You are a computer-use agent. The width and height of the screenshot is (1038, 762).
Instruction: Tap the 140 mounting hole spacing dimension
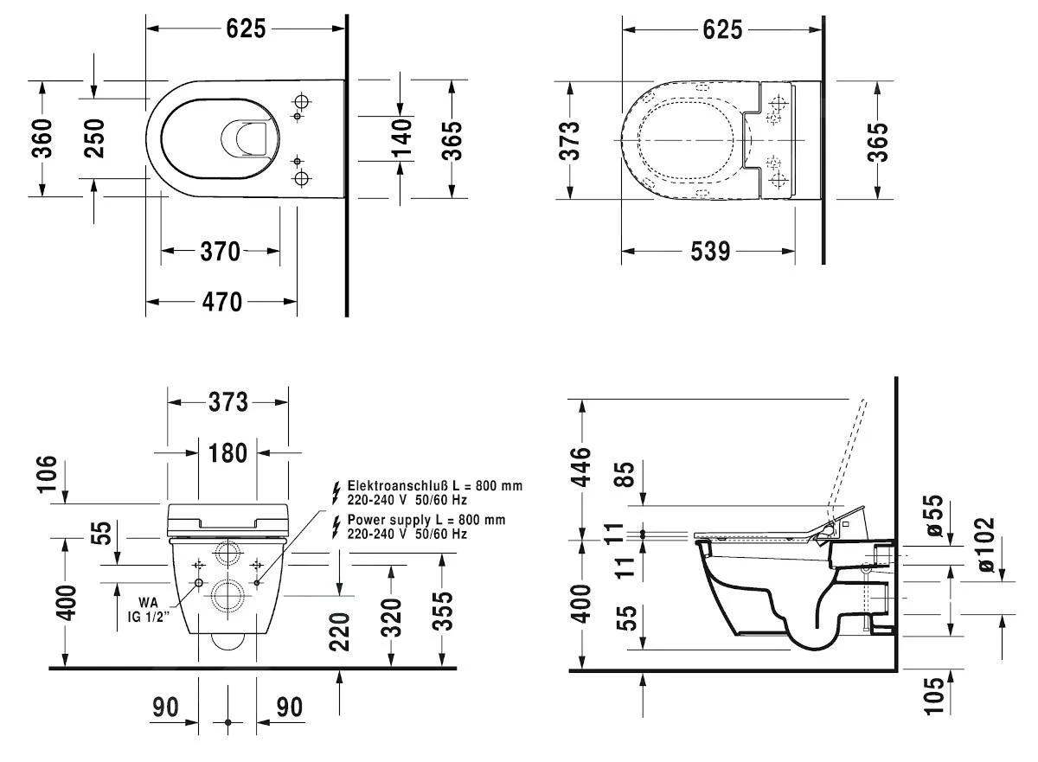click(x=400, y=138)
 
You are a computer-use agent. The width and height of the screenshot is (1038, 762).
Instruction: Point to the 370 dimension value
click(x=220, y=252)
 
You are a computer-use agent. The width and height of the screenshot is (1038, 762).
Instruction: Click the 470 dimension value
click(x=221, y=302)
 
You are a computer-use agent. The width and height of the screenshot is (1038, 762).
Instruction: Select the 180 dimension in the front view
click(x=227, y=451)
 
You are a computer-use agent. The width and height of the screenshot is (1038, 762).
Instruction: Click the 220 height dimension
click(x=339, y=631)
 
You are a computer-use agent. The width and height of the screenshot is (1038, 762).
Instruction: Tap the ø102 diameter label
click(x=984, y=544)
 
